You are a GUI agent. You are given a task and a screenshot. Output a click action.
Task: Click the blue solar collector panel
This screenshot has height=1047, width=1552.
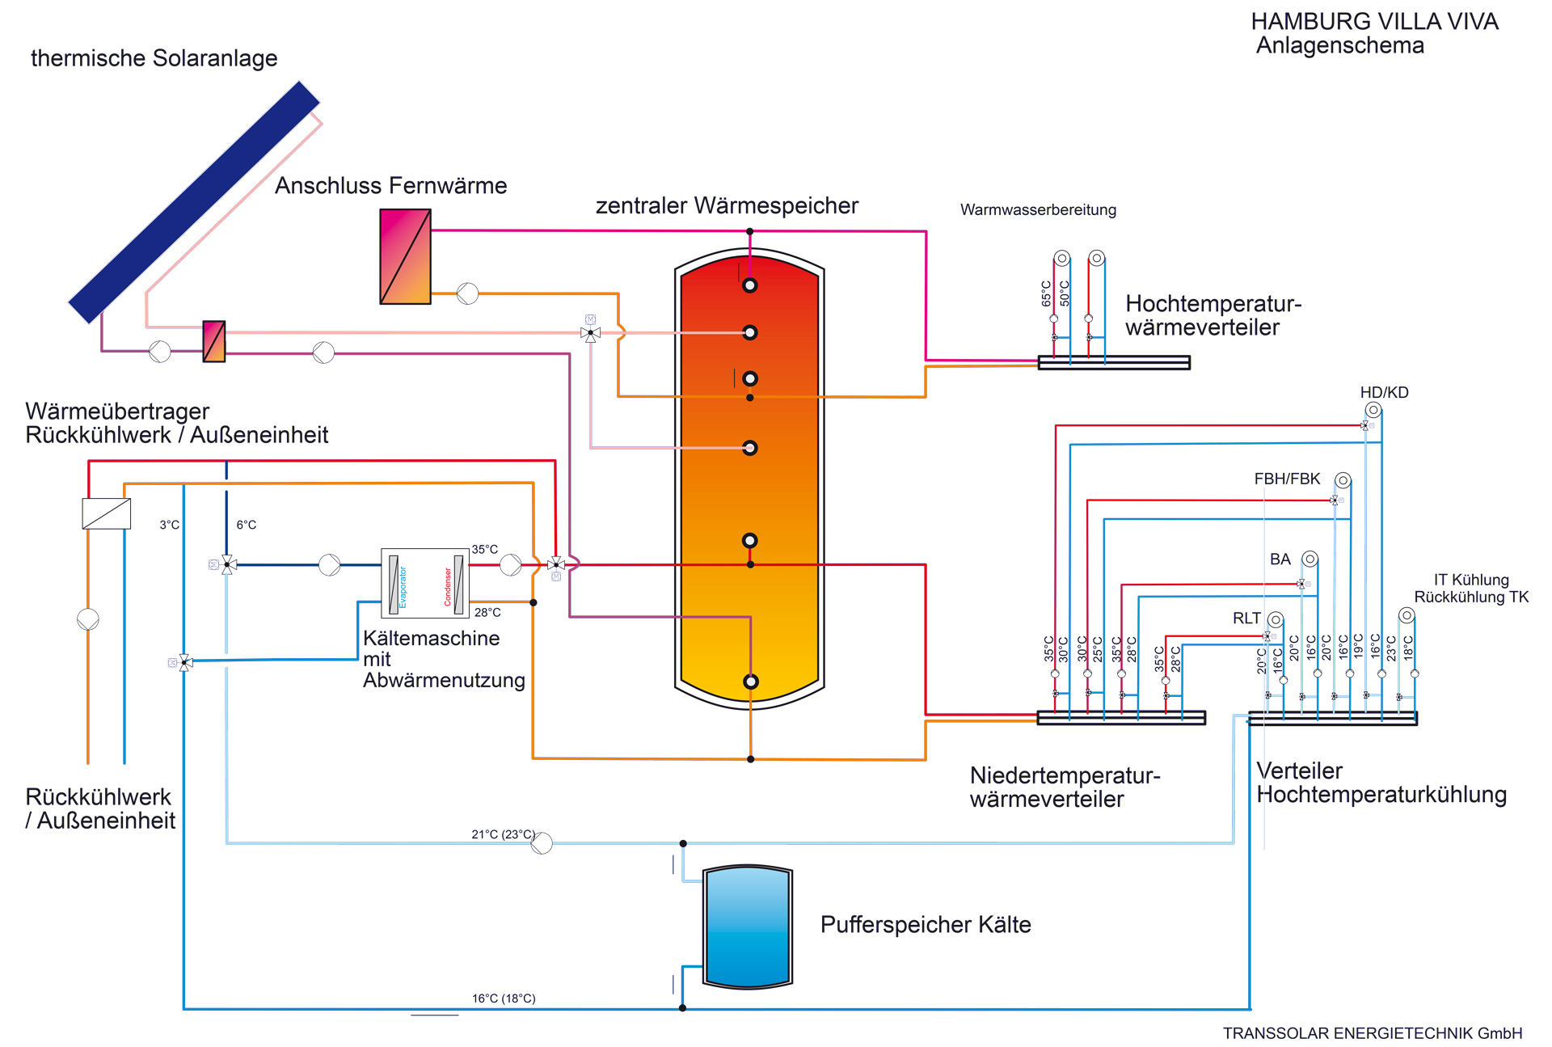pyautogui.click(x=194, y=202)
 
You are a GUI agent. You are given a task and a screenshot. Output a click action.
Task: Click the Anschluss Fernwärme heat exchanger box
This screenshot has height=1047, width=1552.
pyautogui.click(x=405, y=256)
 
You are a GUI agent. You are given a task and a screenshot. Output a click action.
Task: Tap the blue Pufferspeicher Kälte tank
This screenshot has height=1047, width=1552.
pyautogui.click(x=748, y=927)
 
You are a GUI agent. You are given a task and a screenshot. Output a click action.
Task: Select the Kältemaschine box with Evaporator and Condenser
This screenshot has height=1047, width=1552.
pyautogui.click(x=425, y=583)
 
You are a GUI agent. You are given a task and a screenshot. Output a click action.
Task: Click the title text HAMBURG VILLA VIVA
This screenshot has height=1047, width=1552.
pyautogui.click(x=1374, y=22)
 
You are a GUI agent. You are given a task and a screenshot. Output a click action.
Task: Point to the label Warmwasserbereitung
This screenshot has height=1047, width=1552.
pyautogui.click(x=1038, y=210)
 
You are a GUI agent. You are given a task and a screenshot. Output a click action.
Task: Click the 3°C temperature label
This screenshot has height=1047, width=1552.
pyautogui.click(x=169, y=526)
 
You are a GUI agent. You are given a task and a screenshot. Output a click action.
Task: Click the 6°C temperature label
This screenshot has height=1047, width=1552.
pyautogui.click(x=246, y=526)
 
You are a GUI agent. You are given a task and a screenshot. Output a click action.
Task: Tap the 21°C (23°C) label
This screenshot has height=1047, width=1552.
pyautogui.click(x=503, y=834)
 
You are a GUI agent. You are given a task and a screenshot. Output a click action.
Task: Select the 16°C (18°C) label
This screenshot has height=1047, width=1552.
pyautogui.click(x=504, y=998)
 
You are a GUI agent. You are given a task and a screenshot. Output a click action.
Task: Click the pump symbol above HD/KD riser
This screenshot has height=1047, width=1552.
pyautogui.click(x=1373, y=410)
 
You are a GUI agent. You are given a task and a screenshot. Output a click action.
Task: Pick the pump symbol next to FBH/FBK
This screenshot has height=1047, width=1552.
pyautogui.click(x=1343, y=480)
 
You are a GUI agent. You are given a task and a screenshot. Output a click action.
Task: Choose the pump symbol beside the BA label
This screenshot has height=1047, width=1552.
pyautogui.click(x=1310, y=559)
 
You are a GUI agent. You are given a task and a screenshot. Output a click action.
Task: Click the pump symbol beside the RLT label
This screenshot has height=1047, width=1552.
pyautogui.click(x=1276, y=619)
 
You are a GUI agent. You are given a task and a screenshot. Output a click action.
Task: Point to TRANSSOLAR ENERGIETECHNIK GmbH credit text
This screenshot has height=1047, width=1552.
pyautogui.click(x=1372, y=1033)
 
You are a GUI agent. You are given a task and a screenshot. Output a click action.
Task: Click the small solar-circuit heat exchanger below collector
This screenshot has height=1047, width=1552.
pyautogui.click(x=213, y=341)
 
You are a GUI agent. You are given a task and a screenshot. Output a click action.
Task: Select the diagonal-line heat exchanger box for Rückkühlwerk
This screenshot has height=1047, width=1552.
pyautogui.click(x=106, y=513)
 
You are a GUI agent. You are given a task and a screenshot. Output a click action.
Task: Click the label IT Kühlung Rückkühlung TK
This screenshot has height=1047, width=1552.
pyautogui.click(x=1471, y=589)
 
